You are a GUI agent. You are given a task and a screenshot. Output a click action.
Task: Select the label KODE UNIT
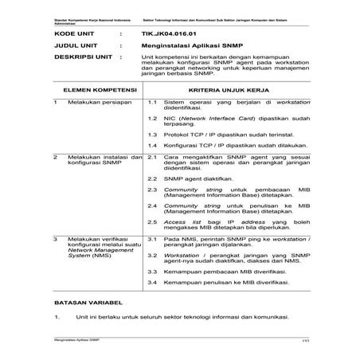[72, 35]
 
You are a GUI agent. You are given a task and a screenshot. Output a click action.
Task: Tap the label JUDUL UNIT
[74, 47]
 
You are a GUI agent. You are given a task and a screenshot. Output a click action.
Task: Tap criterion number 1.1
[153, 104]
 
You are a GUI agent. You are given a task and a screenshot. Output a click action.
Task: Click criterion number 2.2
[153, 180]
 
